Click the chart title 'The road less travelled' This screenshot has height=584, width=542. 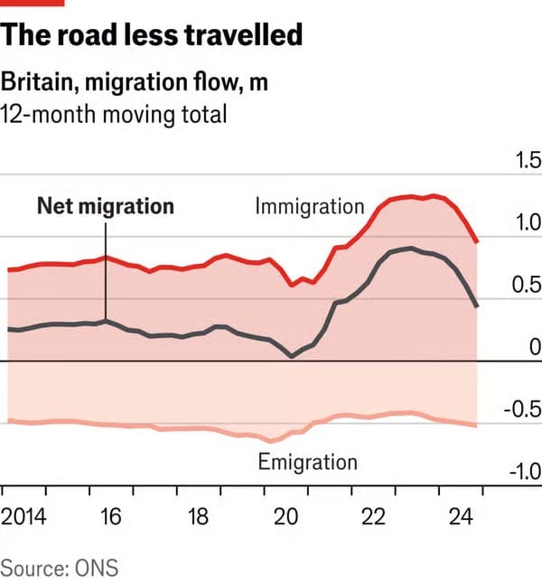[x=152, y=36]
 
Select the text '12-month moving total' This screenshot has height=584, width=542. [x=113, y=115]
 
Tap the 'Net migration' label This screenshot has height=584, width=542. [x=105, y=206]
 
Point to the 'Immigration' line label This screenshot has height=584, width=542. [x=310, y=206]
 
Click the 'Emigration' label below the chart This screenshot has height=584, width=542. [x=308, y=462]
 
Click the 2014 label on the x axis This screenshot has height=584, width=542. [x=26, y=517]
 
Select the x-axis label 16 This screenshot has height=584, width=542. [x=110, y=517]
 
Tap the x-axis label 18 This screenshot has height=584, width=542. [x=198, y=517]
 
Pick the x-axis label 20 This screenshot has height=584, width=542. [x=285, y=517]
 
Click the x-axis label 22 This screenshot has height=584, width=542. [x=373, y=517]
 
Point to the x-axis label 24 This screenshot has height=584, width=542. [x=461, y=517]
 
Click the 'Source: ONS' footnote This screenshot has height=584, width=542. [x=60, y=569]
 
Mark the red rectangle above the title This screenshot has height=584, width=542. [x=33, y=3]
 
